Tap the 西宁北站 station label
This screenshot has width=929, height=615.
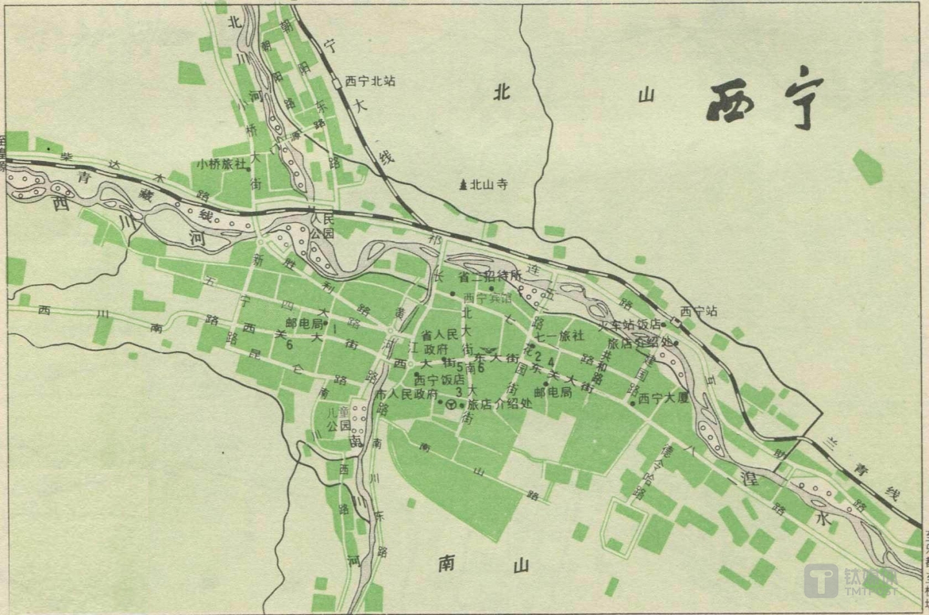point(370,81)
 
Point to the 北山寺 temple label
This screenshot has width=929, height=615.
point(488,185)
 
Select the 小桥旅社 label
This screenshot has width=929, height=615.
point(221,164)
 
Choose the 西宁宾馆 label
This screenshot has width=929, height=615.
point(487,298)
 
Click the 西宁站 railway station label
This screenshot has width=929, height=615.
point(699,311)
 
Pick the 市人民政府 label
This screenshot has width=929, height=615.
point(407,394)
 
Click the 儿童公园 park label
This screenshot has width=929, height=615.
point(338,419)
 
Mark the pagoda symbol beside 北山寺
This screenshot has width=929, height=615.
point(462,185)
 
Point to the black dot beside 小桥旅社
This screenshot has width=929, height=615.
point(249,169)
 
